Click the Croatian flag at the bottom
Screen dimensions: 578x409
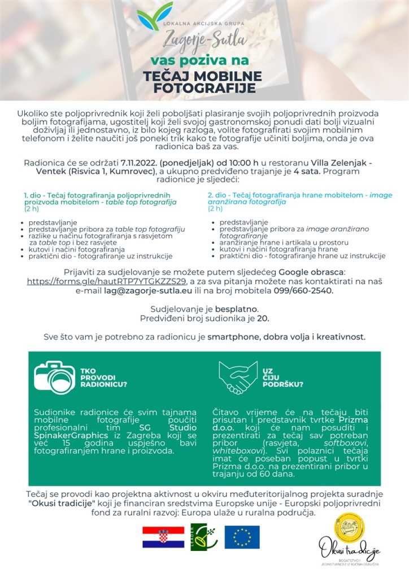point(163,537)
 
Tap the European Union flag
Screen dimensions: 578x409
point(242,537)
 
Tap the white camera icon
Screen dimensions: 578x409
point(54,377)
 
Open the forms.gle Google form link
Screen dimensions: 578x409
point(106,281)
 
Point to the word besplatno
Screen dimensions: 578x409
point(237,309)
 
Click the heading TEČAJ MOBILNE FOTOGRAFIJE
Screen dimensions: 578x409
point(204,82)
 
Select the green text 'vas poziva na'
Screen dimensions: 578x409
point(199,60)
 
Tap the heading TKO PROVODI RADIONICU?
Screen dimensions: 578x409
point(103,378)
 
